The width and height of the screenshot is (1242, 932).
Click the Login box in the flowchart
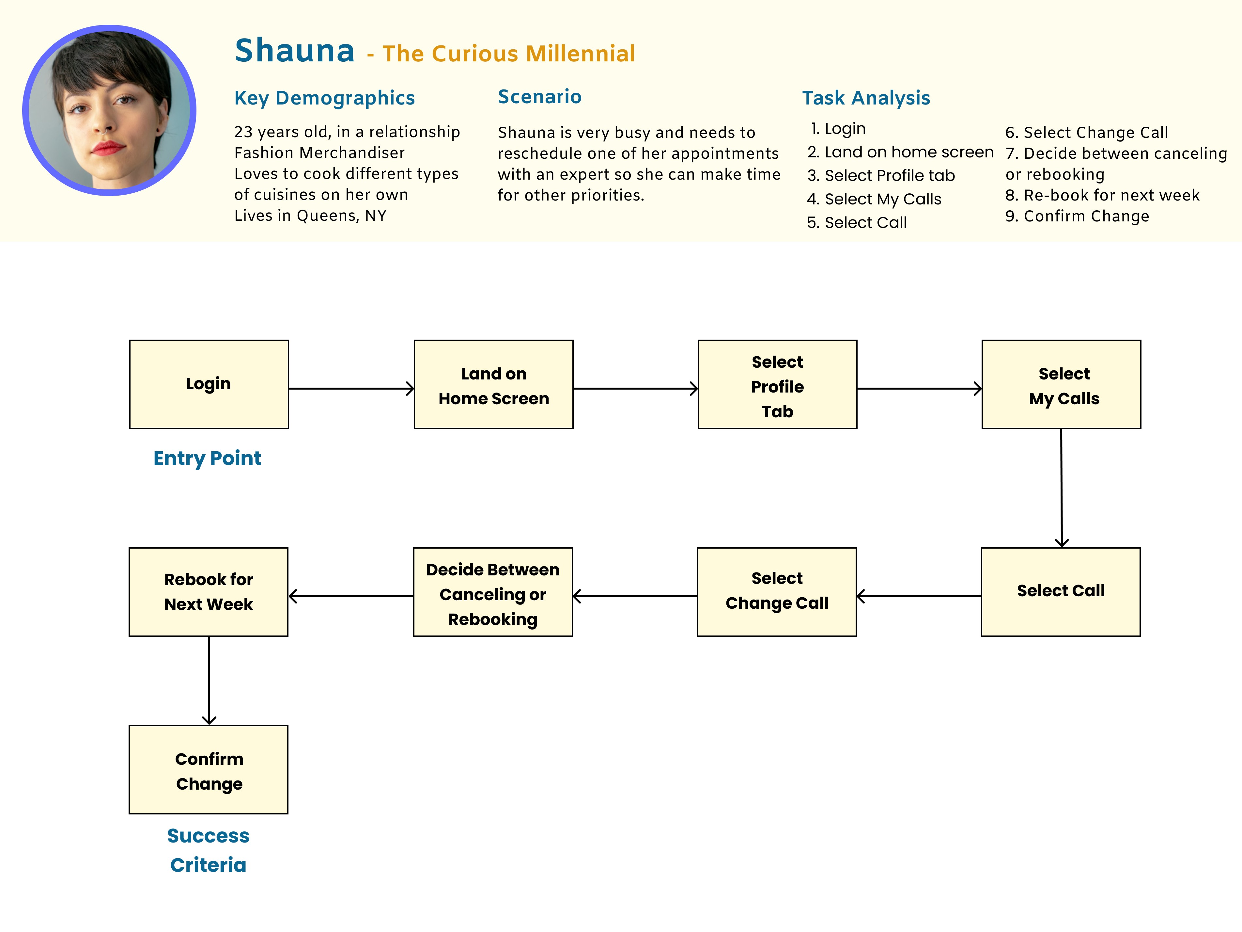[x=209, y=384]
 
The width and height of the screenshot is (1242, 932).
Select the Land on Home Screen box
[x=493, y=384]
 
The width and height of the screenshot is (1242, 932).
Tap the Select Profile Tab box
[x=777, y=384]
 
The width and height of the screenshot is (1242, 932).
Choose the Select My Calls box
[x=1061, y=384]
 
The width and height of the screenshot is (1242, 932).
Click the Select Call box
[x=1061, y=591]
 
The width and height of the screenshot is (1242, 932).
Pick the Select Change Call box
[x=777, y=591]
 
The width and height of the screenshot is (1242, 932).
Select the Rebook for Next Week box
[x=208, y=591]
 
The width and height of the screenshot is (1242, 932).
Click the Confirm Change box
[x=208, y=770]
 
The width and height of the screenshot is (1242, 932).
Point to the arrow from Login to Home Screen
[x=351, y=388]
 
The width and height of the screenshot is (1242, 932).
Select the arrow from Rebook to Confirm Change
[x=209, y=680]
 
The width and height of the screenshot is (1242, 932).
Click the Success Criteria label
[x=208, y=850]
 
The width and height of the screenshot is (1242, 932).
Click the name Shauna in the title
[x=295, y=51]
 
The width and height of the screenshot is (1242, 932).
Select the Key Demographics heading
[x=325, y=98]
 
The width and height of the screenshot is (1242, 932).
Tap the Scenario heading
[x=540, y=97]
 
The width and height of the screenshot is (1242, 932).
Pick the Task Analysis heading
[x=866, y=98]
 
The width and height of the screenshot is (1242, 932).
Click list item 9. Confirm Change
[x=1077, y=216]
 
